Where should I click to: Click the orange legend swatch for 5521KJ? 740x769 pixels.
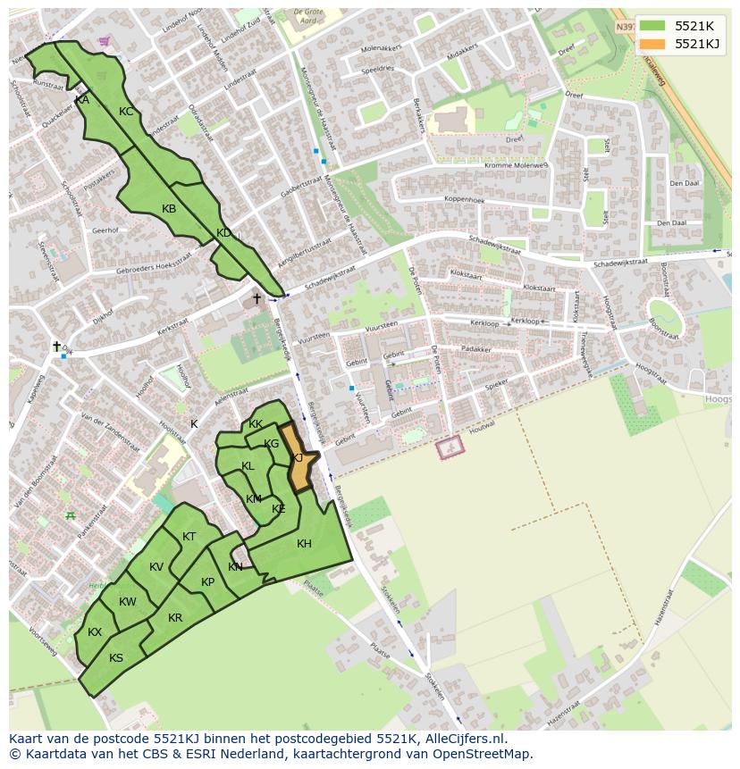(652, 45)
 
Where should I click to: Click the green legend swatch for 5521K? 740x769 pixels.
(652, 26)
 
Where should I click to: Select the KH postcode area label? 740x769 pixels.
(304, 544)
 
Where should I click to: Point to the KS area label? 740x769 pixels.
(116, 658)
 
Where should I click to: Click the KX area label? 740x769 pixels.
(95, 632)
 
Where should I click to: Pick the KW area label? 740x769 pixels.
(128, 602)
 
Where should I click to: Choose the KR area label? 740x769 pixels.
(175, 618)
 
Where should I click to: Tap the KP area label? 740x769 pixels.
(207, 582)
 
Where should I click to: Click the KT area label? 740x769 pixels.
(189, 537)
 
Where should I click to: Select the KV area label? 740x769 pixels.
(156, 567)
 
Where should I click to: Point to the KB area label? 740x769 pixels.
(169, 209)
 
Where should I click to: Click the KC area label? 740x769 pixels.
(126, 112)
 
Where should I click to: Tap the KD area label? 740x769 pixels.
(223, 233)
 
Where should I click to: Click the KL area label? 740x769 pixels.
(248, 466)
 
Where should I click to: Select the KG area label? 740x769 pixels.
(272, 444)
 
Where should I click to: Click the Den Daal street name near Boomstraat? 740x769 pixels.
(684, 183)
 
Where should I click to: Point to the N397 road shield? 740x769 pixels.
(625, 27)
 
